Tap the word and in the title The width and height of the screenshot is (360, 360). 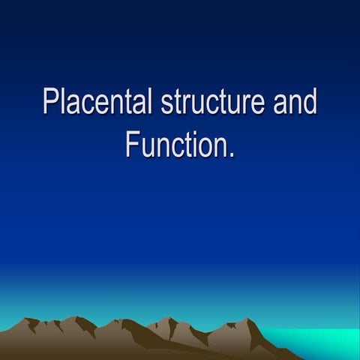(x=295, y=103)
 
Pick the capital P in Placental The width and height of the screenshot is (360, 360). (x=50, y=103)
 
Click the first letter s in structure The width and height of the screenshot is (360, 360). (x=167, y=104)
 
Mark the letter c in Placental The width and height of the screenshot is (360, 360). (x=88, y=104)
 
